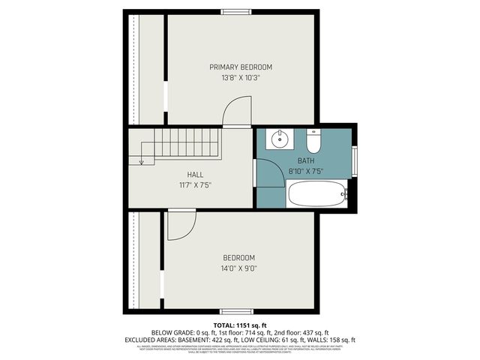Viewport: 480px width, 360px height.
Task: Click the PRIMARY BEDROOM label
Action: point(240,67)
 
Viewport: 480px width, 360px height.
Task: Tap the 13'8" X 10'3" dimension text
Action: point(240,78)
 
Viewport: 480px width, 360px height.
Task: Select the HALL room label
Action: point(195,175)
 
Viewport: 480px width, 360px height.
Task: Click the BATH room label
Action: point(305,160)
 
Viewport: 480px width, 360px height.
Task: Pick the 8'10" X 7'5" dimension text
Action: point(305,171)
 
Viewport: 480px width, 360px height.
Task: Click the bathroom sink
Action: point(279,138)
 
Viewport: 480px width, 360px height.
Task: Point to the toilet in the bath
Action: point(313,140)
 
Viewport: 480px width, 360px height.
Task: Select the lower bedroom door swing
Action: point(181,226)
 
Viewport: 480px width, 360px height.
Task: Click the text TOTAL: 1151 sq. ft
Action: point(239,324)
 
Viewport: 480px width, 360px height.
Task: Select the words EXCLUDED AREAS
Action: point(149,339)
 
